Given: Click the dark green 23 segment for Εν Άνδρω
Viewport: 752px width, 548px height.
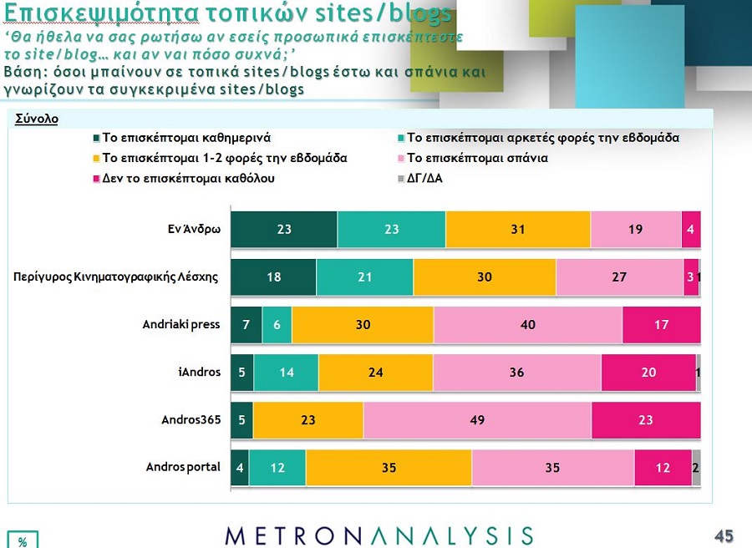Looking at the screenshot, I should [x=284, y=230].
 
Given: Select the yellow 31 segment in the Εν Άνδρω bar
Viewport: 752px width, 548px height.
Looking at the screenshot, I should [x=518, y=230].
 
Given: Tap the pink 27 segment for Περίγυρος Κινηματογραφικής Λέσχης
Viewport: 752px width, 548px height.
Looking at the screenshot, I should [x=619, y=277].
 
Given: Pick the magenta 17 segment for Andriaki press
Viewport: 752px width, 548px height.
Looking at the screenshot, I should [x=661, y=325].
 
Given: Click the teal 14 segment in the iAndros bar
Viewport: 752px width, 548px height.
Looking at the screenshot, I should [x=287, y=373].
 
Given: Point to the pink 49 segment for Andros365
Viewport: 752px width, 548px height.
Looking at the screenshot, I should [x=477, y=420].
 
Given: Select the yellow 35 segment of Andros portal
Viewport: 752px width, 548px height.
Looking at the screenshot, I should [x=389, y=468].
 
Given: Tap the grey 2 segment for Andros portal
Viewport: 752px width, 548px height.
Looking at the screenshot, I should [x=696, y=468].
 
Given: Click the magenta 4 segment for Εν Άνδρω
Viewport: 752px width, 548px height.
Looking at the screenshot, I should [x=691, y=230].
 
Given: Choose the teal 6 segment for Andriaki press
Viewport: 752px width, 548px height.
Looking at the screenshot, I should [x=277, y=325].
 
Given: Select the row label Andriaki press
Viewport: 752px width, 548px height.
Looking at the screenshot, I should [x=181, y=324].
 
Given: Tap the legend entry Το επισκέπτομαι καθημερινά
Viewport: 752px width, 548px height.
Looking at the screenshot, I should [x=185, y=137].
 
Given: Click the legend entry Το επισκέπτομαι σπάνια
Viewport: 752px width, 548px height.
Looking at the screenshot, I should [x=477, y=157].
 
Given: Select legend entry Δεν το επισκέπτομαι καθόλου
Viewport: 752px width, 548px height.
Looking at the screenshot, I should [x=188, y=178].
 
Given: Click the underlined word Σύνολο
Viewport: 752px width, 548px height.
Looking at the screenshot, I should [x=37, y=119].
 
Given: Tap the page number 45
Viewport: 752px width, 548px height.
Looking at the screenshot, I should [x=724, y=535].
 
